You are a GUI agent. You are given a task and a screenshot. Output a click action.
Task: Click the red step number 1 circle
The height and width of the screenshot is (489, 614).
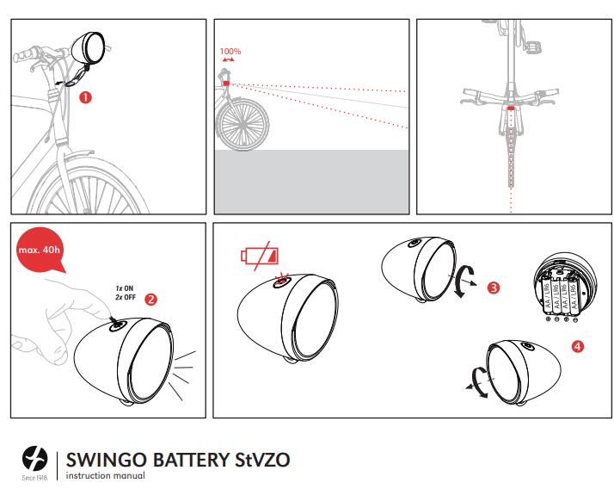85,97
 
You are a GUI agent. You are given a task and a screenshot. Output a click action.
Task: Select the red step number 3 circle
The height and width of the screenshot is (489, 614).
494,288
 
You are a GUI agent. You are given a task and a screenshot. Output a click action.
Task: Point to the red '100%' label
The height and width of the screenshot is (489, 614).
230,52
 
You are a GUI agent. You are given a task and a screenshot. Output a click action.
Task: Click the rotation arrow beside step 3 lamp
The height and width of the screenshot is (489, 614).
464,281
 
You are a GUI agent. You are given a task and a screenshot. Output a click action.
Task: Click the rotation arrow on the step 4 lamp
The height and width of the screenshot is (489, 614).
477,379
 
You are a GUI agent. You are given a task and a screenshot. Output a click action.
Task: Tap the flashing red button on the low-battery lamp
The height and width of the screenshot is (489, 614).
280,281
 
